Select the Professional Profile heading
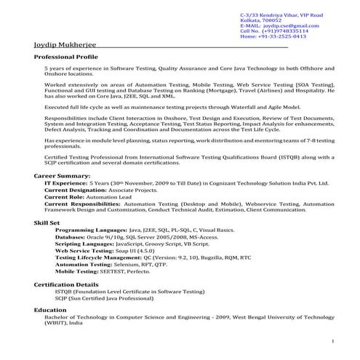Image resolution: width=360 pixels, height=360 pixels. pyautogui.click(x=65, y=56)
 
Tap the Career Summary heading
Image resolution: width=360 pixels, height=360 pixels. pyautogui.click(x=63, y=176)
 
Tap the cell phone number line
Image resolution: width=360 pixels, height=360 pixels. pyautogui.click(x=273, y=31)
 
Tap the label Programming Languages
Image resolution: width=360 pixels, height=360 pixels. pyautogui.click(x=86, y=229)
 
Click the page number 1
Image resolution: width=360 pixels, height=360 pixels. pyautogui.click(x=332, y=340)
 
